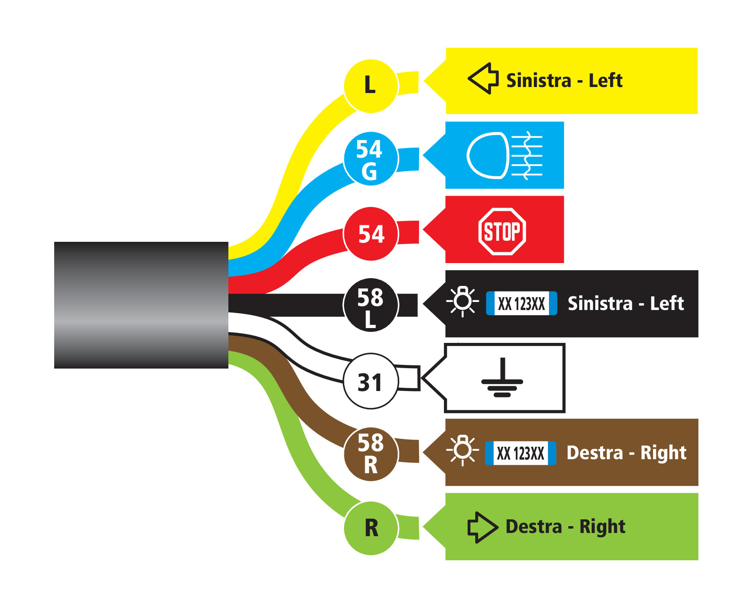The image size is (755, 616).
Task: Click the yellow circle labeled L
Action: point(371,86)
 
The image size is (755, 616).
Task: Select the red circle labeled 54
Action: point(371,234)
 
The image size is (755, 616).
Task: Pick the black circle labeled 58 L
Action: point(371,305)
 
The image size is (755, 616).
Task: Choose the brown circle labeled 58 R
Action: point(371,454)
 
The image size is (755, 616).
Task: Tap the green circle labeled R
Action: point(371,528)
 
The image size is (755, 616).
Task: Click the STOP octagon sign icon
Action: point(502,231)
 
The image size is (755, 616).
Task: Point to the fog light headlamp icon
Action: point(505,156)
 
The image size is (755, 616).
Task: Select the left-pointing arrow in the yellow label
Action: point(483,79)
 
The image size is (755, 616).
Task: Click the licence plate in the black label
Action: point(521,304)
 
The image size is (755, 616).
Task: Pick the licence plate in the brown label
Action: point(520,453)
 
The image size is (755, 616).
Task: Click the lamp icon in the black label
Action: point(462,301)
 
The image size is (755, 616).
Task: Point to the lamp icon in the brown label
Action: point(462,450)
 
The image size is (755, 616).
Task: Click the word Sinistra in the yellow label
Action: point(538,81)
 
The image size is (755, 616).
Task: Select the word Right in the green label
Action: point(602,527)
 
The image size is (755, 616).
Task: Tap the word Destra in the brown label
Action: point(594,453)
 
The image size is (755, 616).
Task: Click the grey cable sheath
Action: point(141,305)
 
